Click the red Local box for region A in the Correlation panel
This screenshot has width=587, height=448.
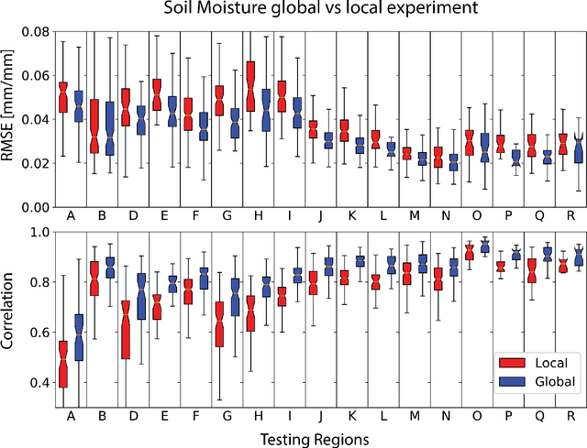(x=63, y=364)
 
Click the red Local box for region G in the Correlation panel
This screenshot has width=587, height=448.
(x=219, y=323)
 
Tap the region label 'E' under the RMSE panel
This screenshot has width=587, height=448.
(x=164, y=216)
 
